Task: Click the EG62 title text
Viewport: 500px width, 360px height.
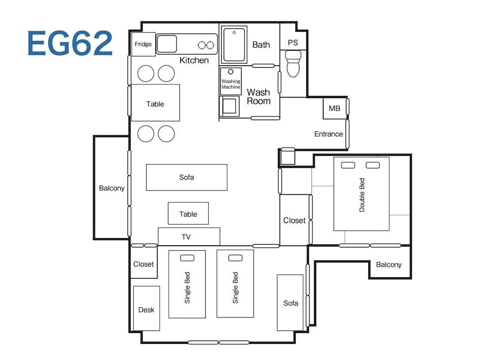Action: [70, 43]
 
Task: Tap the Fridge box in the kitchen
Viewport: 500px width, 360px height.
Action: [143, 44]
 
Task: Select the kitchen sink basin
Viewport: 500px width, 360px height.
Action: [167, 44]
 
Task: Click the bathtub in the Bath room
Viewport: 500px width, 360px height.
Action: [234, 45]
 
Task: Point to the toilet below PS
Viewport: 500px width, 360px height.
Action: [293, 64]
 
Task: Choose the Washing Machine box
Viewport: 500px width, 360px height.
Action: [231, 81]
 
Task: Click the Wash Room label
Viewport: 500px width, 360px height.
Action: [259, 97]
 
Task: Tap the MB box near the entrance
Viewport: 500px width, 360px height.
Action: [335, 109]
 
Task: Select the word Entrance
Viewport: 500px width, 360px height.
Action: [328, 134]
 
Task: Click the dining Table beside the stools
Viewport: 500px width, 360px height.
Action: [155, 103]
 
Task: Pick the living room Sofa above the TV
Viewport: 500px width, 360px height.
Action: [187, 177]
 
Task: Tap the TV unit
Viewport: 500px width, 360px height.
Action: [189, 237]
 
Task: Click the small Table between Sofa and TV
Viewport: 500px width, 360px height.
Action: [188, 213]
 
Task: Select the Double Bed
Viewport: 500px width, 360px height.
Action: [361, 194]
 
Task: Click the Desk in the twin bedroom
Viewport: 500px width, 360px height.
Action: [146, 308]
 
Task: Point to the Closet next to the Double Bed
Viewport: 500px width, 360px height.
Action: [294, 220]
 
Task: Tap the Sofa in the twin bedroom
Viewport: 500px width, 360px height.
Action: [290, 303]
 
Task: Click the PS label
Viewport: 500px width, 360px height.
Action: [293, 43]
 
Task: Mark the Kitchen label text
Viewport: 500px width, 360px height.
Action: [194, 60]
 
